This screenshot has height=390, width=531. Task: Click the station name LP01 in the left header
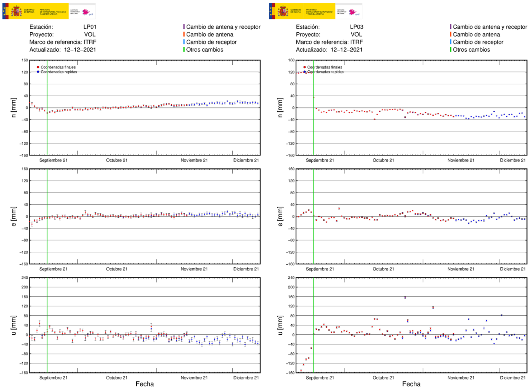90,27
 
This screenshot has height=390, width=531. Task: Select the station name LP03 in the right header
356,27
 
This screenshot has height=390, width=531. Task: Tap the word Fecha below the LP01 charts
145,384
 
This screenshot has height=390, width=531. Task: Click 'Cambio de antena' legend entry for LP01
210,34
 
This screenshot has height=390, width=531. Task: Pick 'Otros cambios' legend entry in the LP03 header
471,50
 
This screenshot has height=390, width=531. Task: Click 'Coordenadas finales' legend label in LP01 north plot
58,67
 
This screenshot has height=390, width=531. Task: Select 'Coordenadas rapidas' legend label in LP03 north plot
325,72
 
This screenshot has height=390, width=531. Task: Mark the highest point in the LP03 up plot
405,297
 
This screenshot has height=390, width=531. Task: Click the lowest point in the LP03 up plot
301,370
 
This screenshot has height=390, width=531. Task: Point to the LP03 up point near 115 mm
433,307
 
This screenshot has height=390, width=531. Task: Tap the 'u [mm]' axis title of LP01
14,325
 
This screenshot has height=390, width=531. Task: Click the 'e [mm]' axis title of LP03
280,216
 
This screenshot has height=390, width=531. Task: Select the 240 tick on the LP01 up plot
24,278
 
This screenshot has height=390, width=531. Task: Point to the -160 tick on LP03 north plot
291,155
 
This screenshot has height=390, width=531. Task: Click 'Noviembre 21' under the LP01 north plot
194,160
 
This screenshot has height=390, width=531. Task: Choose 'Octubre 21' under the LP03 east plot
383,269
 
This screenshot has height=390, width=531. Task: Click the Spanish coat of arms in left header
16,11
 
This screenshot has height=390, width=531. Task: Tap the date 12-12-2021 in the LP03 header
346,50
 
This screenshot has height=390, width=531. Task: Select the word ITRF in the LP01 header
90,42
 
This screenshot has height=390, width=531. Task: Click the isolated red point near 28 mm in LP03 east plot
339,208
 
